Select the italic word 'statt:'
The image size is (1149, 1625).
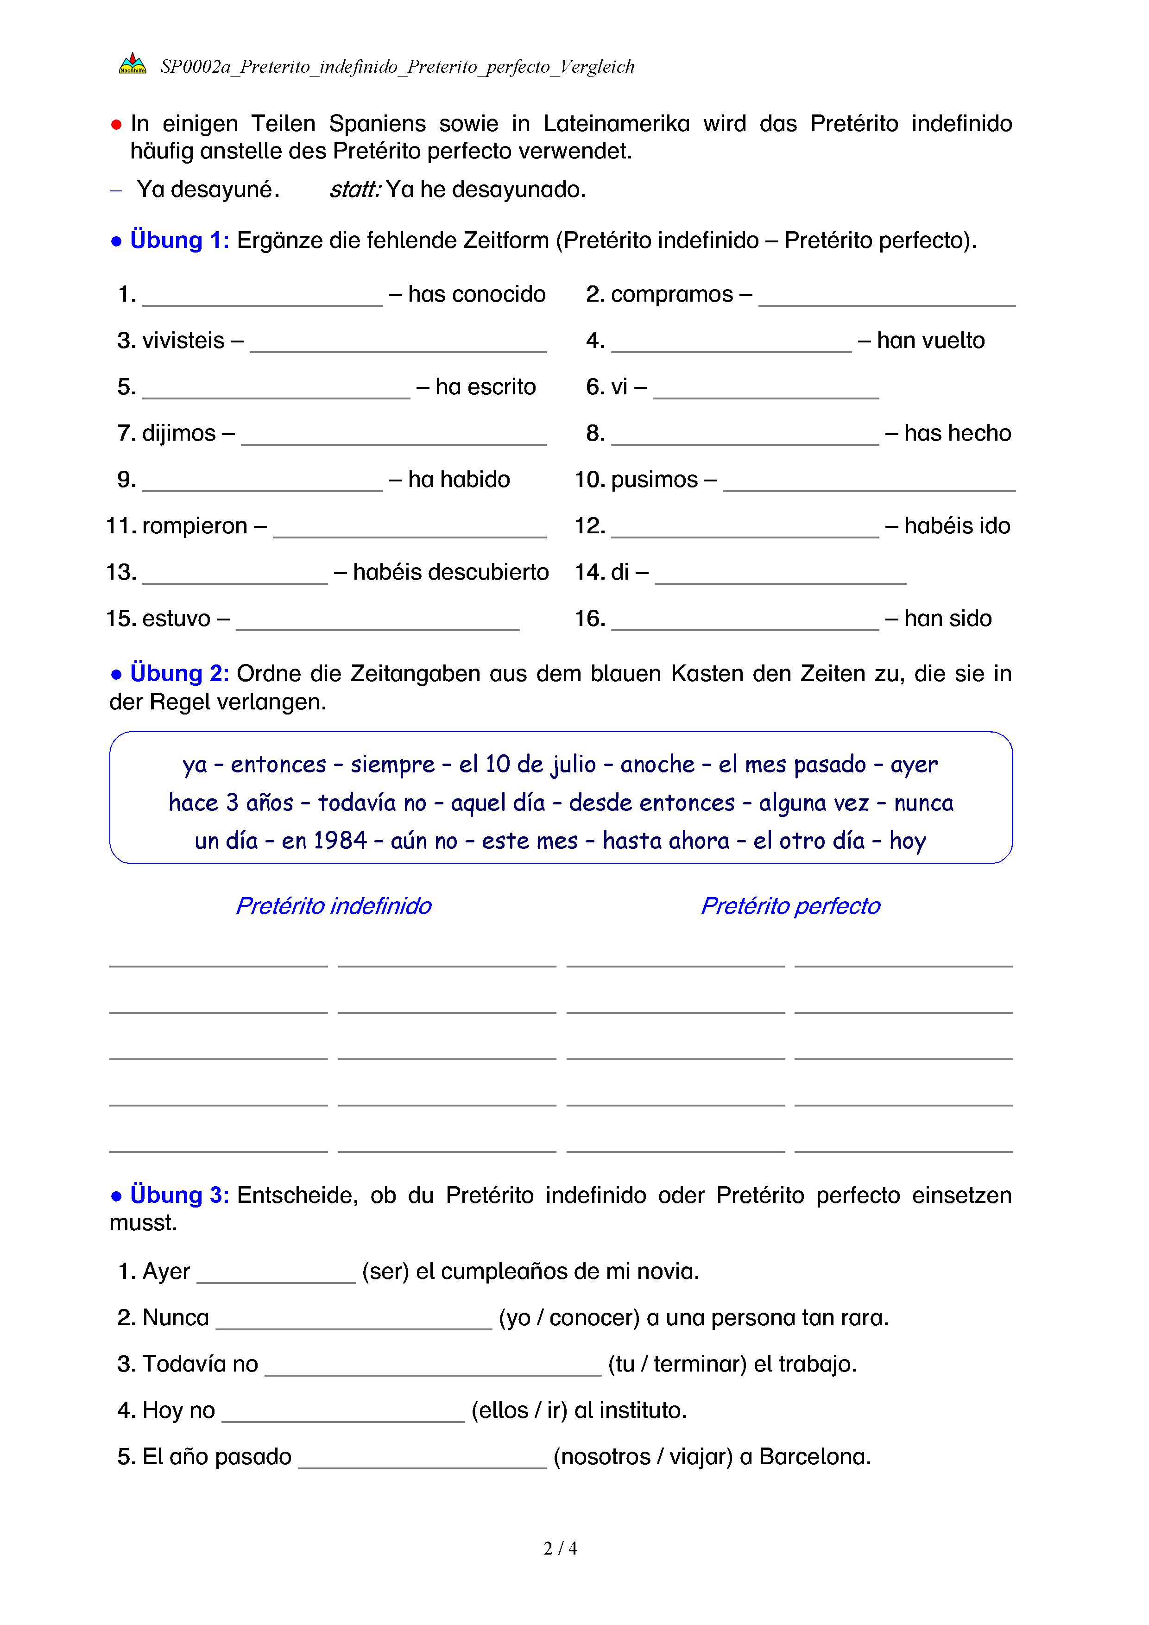pos(355,190)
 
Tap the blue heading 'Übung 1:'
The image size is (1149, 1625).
pos(179,240)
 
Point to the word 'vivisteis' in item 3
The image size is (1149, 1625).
pos(183,341)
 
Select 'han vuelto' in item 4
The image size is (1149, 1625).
pos(930,341)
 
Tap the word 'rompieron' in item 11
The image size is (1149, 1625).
pos(195,526)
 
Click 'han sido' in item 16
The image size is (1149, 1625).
pos(947,619)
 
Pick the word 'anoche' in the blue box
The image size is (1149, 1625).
pos(657,765)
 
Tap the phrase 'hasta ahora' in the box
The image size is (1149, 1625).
pos(666,841)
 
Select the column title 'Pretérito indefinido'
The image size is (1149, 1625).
pos(333,906)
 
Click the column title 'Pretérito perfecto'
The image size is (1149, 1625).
pos(790,906)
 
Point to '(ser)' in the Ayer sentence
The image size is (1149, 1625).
pos(385,1272)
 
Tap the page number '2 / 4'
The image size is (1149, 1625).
pos(560,1549)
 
